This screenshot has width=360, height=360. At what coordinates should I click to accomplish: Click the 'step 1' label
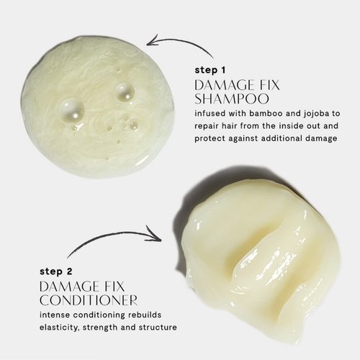[x=210, y=71]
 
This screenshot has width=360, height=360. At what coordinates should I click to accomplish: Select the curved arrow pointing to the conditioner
[x=112, y=236]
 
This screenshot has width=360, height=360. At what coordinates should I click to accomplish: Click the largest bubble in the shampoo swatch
[x=71, y=110]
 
